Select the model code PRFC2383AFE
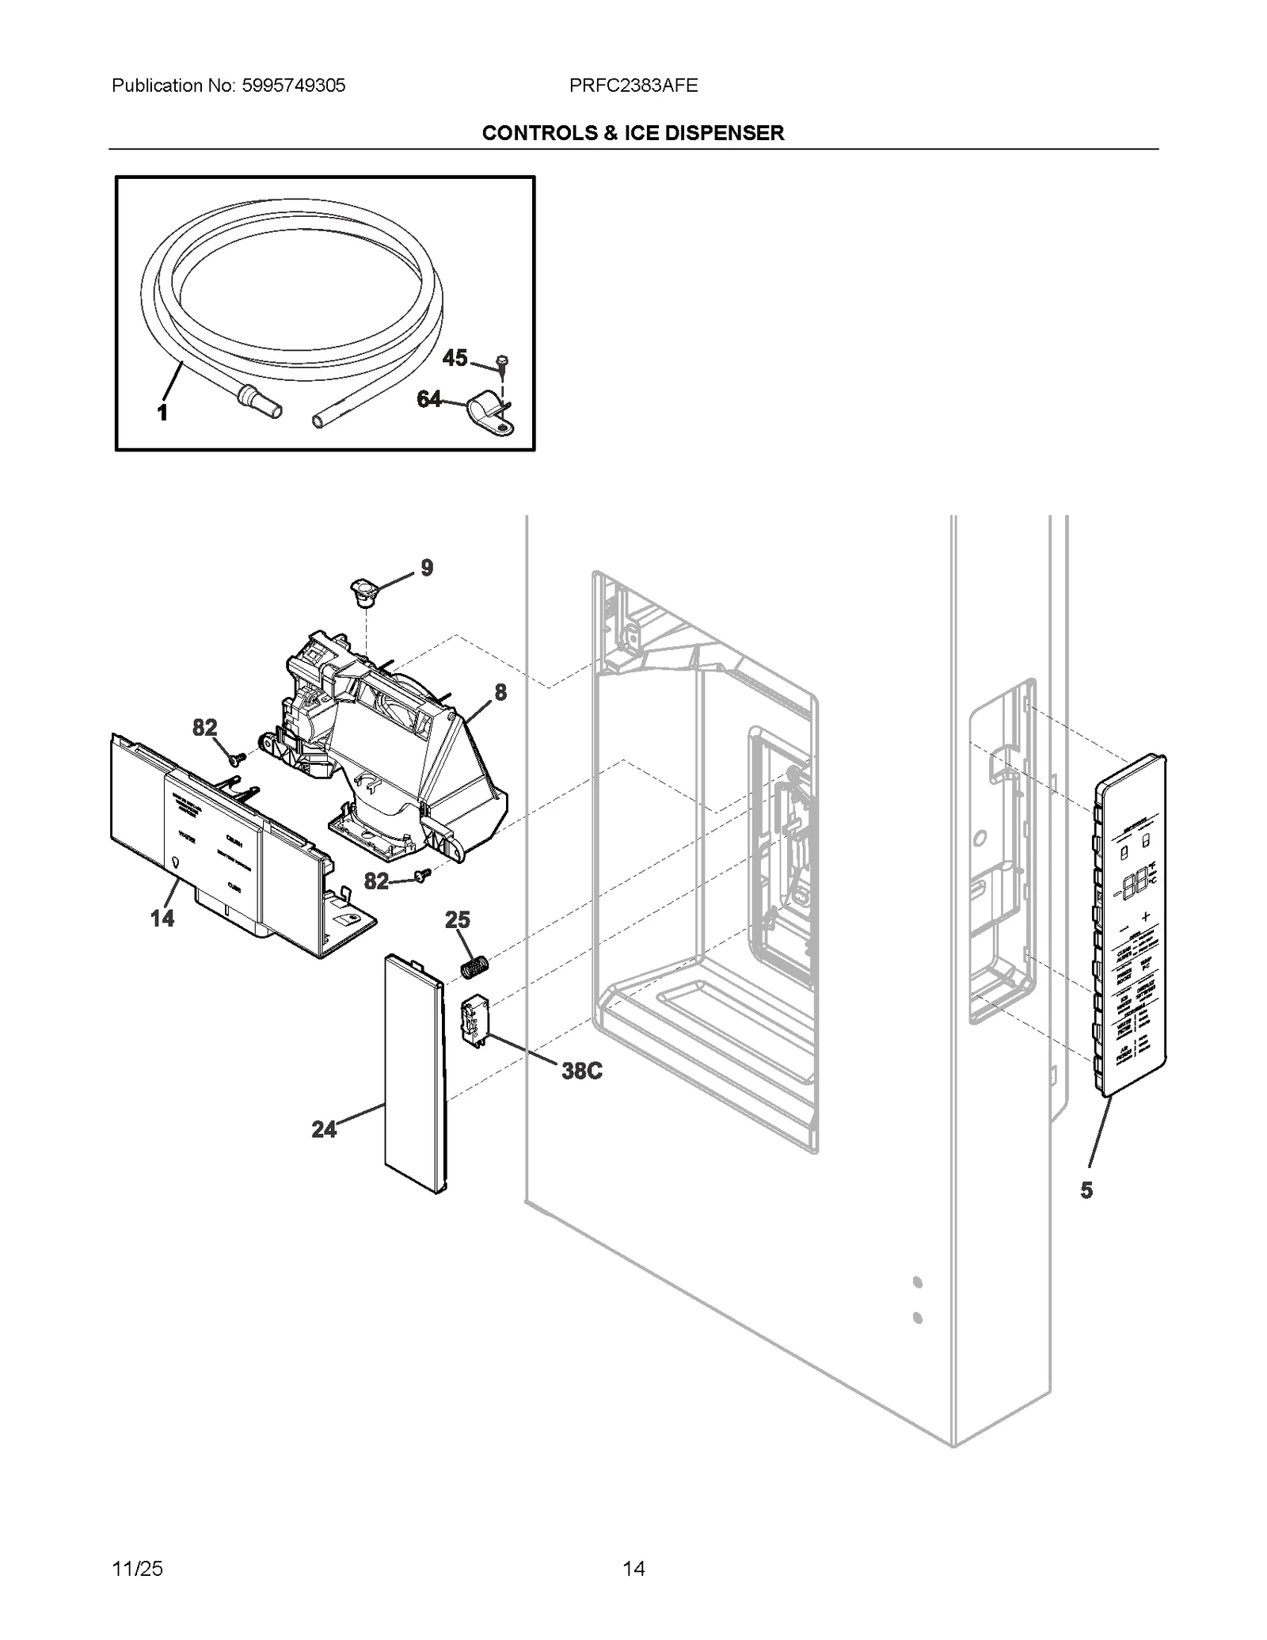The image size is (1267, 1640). [x=633, y=86]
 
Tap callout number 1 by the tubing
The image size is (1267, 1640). [x=162, y=413]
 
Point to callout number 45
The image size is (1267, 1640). [x=455, y=358]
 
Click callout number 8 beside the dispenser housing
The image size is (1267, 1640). [x=500, y=692]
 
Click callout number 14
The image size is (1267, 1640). [x=162, y=918]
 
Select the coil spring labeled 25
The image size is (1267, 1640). [x=475, y=967]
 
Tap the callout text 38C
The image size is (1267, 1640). [x=582, y=1071]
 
